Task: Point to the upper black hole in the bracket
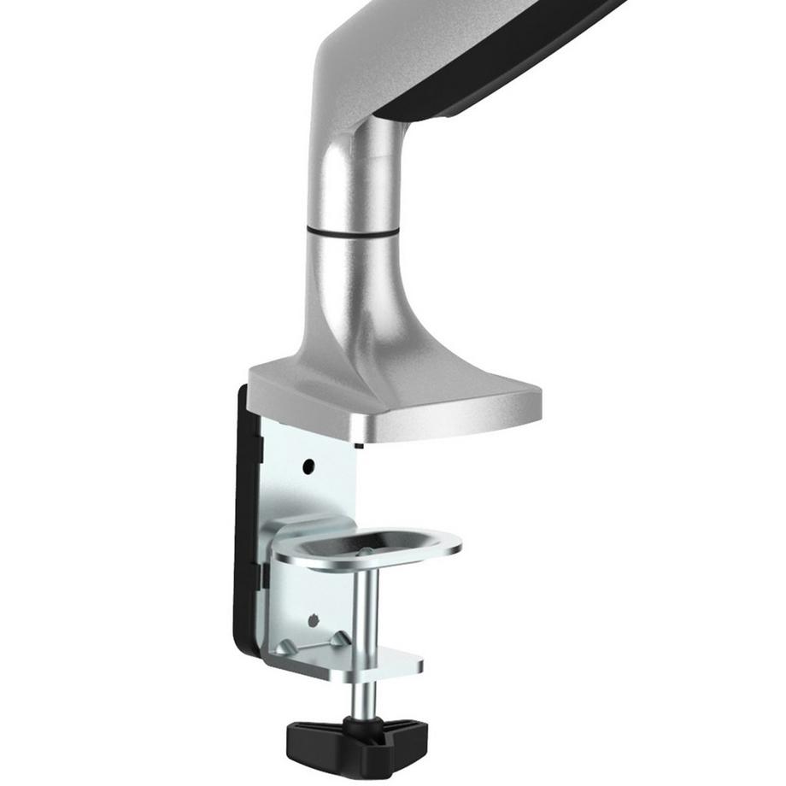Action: pyautogui.click(x=308, y=466)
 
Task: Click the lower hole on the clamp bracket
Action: pyautogui.click(x=314, y=617)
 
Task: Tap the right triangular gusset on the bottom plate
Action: pyautogui.click(x=339, y=639)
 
